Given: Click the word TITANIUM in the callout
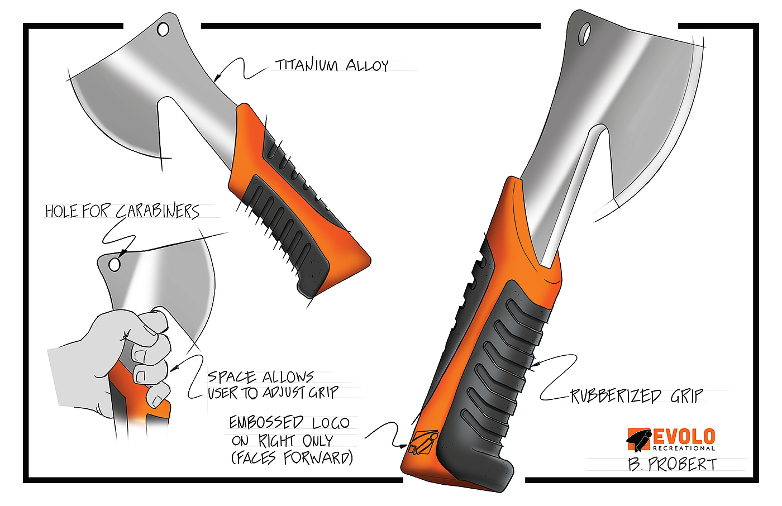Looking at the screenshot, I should tap(307, 65).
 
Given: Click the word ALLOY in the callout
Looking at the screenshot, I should tap(367, 66).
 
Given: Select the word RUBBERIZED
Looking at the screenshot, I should tap(616, 396).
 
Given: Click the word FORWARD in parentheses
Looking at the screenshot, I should tap(318, 459).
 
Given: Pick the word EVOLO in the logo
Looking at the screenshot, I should tap(684, 437).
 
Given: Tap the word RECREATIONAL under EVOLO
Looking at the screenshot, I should tap(684, 448).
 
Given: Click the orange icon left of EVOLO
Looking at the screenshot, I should tap(639, 438).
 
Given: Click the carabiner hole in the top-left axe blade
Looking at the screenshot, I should tap(163, 29).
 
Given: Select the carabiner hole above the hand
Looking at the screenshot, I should tap(115, 264).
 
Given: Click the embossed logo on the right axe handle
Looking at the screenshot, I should tap(422, 442).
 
